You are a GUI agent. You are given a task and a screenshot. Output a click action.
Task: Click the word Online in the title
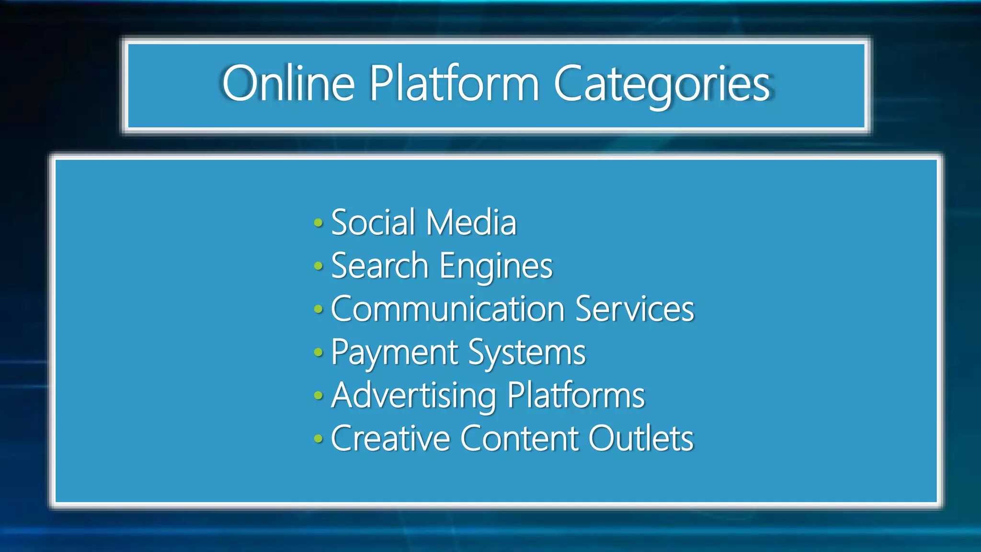tap(288, 83)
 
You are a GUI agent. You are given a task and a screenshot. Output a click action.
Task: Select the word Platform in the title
tap(454, 83)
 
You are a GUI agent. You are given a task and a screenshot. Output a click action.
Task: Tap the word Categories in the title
tap(662, 84)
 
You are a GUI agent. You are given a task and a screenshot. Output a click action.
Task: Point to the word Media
tap(471, 222)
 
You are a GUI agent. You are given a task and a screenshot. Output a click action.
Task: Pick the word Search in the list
tap(379, 265)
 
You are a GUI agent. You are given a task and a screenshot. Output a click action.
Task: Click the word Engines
tap(496, 266)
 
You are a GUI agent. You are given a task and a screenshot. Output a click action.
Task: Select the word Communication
tap(448, 309)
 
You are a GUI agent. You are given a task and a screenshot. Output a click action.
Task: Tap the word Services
tap(635, 309)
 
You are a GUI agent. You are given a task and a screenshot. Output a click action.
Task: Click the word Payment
tap(395, 353)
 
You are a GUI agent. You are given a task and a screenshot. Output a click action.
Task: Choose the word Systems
tap(527, 353)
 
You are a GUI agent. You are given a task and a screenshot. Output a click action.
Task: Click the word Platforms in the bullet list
tap(576, 395)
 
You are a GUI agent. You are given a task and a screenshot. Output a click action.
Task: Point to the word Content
tap(520, 438)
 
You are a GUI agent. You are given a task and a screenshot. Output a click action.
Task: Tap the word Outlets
tap(641, 438)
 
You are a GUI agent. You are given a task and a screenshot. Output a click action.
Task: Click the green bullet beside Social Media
tap(319, 223)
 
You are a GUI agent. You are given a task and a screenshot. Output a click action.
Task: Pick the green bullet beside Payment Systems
tap(319, 353)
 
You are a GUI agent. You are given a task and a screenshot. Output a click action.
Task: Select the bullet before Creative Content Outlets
tap(319, 438)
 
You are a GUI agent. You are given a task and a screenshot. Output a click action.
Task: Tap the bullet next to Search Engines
tap(319, 266)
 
